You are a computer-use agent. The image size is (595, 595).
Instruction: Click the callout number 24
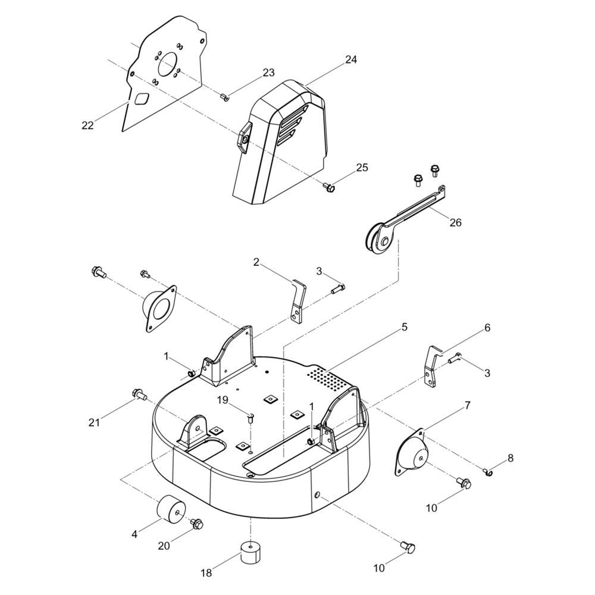pos(351,59)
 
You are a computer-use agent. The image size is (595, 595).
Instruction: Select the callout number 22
pos(87,125)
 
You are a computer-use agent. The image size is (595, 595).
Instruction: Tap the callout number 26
pos(455,222)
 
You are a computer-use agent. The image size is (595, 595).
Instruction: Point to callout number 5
pos(405,327)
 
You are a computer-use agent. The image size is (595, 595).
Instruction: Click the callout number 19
pos(223,400)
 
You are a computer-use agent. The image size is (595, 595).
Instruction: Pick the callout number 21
pos(94,422)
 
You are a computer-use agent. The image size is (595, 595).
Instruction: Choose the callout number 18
pos(206,572)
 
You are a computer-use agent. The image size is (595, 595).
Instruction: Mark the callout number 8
pos(511,458)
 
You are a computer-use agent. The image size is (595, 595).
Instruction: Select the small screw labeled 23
pos(224,97)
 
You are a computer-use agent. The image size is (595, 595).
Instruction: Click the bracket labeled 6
pos(432,366)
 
